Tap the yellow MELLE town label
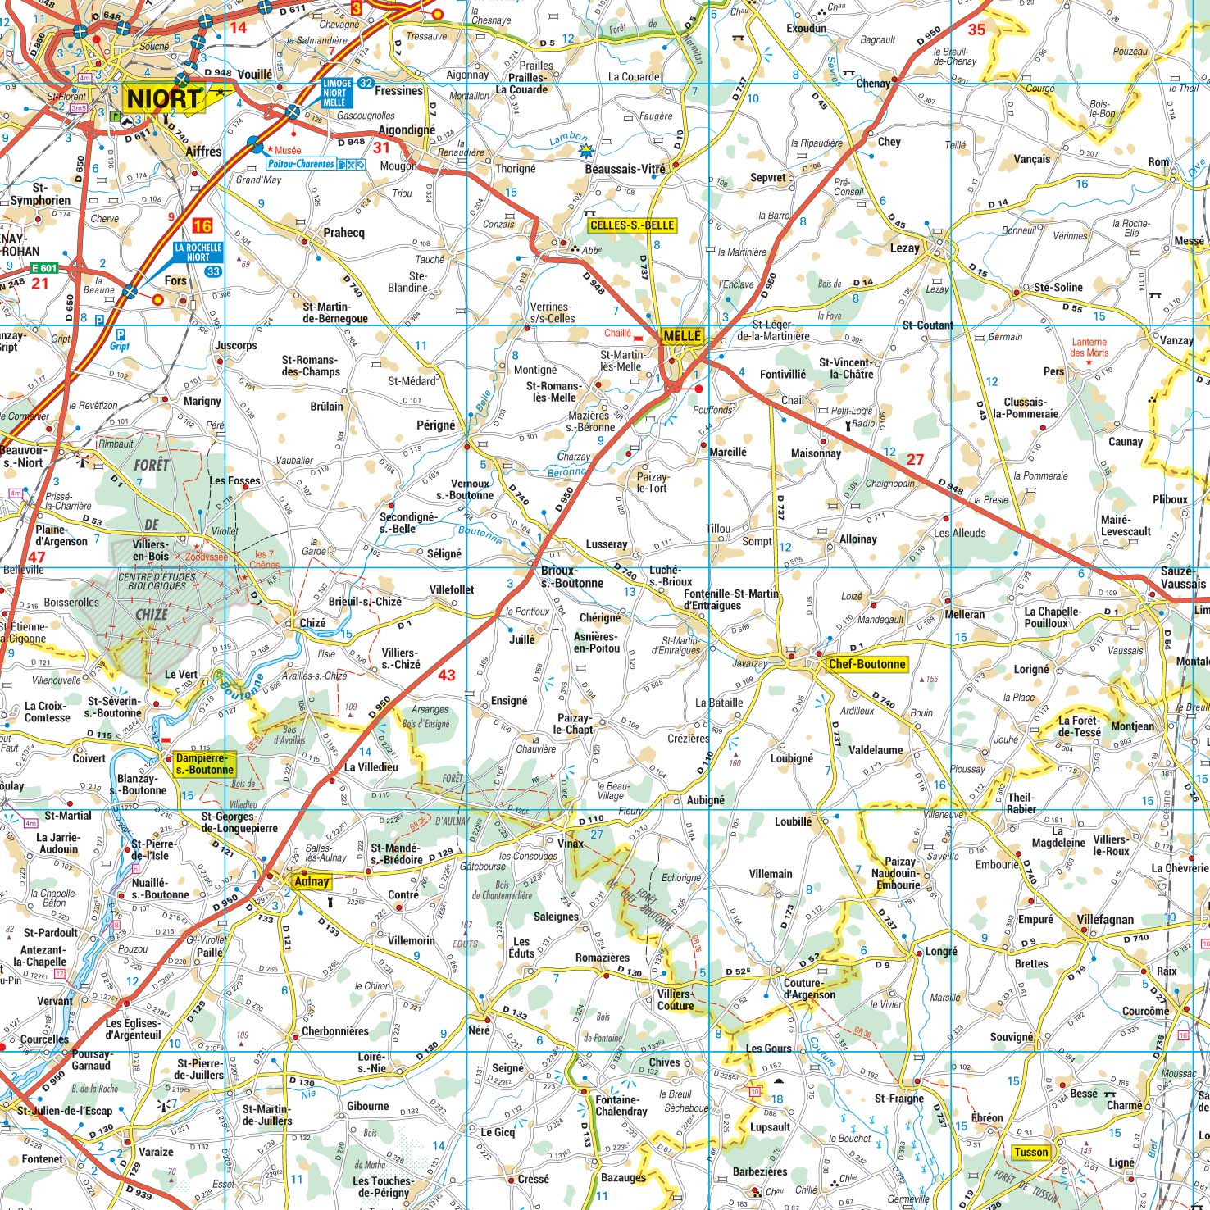pyautogui.click(x=682, y=335)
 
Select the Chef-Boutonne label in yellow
pyautogui.click(x=867, y=664)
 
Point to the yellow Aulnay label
pyautogui.click(x=312, y=882)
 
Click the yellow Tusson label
pyautogui.click(x=1030, y=1152)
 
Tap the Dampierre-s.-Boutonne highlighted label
pyautogui.click(x=204, y=764)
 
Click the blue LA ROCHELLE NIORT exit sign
pyautogui.click(x=198, y=252)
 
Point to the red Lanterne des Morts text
pyautogui.click(x=1089, y=348)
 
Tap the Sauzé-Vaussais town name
pyautogui.click(x=1183, y=577)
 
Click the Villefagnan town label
pyautogui.click(x=1105, y=919)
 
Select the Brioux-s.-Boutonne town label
pyautogui.click(x=571, y=577)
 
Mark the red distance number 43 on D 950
pyautogui.click(x=446, y=676)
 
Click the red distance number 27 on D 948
pyautogui.click(x=915, y=459)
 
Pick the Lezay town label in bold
pyautogui.click(x=905, y=248)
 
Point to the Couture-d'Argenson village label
pyautogui.click(x=809, y=989)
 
